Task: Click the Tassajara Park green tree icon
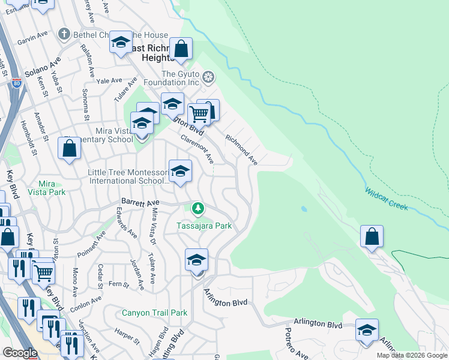click(x=197, y=209)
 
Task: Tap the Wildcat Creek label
click(x=386, y=199)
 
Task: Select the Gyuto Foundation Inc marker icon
click(x=208, y=76)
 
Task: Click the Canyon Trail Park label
click(x=154, y=313)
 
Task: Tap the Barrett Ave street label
click(x=139, y=203)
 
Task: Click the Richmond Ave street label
click(x=241, y=149)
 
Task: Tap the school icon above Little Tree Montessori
click(x=180, y=172)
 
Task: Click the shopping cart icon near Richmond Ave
click(x=198, y=113)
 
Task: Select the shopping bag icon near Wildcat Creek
click(x=372, y=236)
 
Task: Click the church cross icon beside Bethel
click(x=64, y=35)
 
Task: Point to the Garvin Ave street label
click(x=32, y=37)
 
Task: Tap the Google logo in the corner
click(x=20, y=352)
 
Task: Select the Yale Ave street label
click(x=109, y=80)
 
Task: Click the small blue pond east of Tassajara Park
click(x=304, y=209)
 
